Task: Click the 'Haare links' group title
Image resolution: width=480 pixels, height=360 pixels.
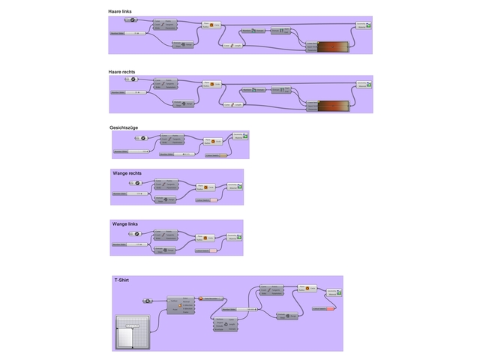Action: point(122,12)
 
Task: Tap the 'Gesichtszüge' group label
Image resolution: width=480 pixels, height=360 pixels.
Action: point(124,127)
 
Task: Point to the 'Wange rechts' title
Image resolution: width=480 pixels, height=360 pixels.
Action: point(127,173)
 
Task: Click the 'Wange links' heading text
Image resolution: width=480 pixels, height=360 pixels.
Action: point(125,223)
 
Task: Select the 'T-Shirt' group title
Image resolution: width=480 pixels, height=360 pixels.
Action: point(121,280)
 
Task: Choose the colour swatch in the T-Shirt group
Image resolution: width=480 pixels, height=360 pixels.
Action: point(323,308)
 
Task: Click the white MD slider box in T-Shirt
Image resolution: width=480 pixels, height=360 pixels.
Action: point(132,332)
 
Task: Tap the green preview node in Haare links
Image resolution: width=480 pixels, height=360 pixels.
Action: point(362,25)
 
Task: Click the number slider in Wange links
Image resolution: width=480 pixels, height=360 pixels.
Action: point(129,244)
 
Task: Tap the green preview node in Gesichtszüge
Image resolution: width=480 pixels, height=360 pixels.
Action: point(239,137)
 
